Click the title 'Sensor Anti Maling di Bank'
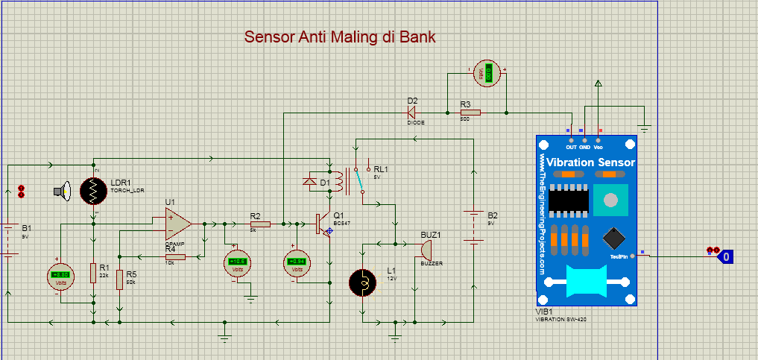coord(340,37)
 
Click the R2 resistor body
coord(259,223)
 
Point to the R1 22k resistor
coord(93,273)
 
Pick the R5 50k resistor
coord(120,281)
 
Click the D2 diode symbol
coord(411,113)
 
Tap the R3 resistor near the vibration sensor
coord(470,113)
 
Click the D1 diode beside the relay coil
coord(312,181)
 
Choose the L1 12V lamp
coord(363,282)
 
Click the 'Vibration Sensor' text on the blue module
coord(591,162)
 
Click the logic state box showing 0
coord(725,256)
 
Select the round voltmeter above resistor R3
coord(488,74)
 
